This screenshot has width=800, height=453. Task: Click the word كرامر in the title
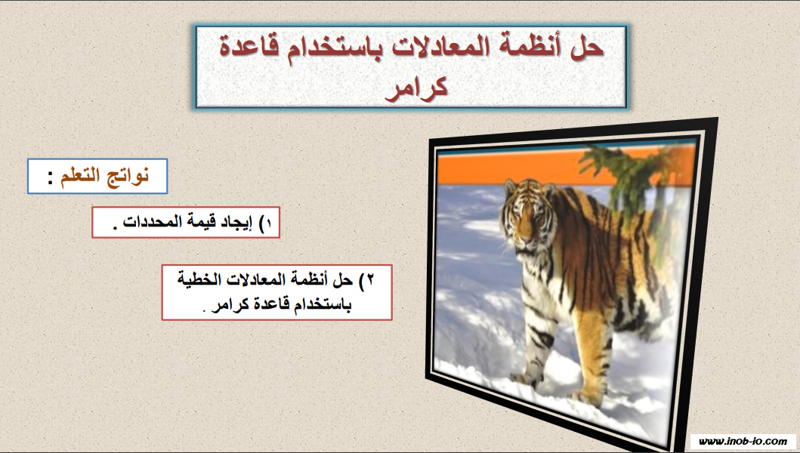click(416, 88)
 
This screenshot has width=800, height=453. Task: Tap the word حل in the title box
click(591, 46)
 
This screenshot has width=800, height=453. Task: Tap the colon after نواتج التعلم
click(51, 178)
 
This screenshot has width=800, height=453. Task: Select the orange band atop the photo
click(510, 168)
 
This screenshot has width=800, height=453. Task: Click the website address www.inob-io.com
click(743, 441)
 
